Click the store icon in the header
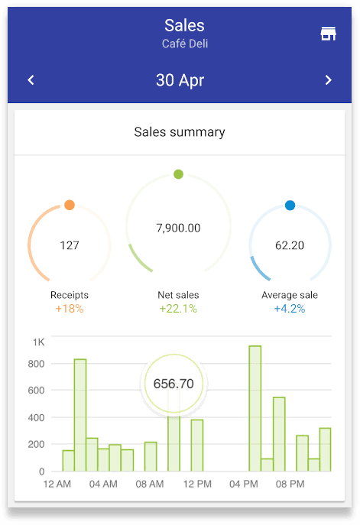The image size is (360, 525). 328,34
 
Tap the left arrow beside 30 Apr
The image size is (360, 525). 31,80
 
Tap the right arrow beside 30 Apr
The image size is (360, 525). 328,80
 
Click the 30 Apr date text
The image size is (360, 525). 180,80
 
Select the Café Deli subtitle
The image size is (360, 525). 185,44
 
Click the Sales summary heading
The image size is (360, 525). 180,132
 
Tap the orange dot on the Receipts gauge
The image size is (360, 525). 70,205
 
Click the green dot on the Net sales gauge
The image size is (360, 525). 179,174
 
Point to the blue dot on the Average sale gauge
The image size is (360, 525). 290,206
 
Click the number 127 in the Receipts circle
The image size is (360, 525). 70,245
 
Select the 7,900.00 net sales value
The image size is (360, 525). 179,228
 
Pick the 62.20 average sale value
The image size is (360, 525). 290,245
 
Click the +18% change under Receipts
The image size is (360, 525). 70,309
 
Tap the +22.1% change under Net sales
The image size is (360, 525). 178,309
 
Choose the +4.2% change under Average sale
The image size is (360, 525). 290,309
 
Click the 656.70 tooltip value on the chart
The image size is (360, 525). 174,384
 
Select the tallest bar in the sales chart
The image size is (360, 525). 255,409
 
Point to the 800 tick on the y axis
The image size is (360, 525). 36,364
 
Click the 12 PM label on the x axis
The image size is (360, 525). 197,484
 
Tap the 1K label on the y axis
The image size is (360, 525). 38,342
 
